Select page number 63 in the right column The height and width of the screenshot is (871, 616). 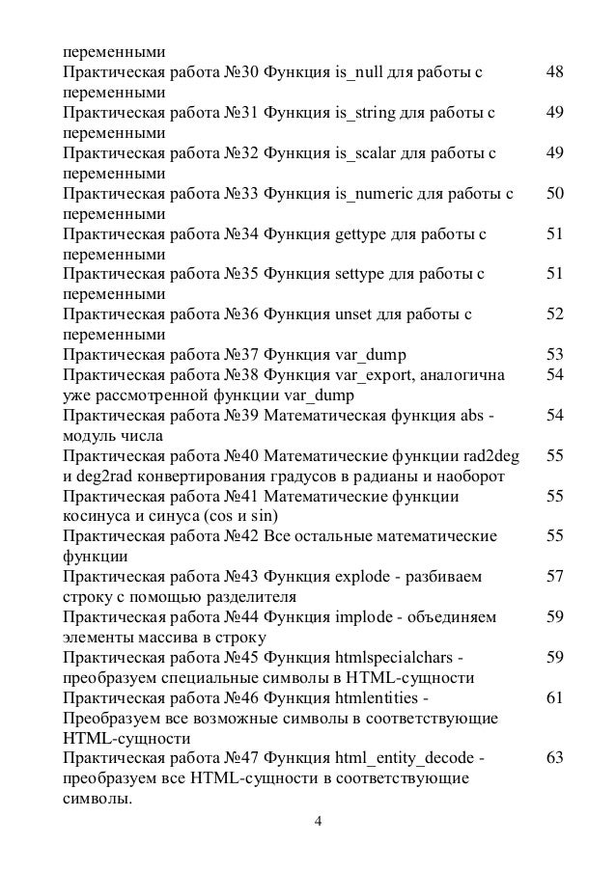click(x=554, y=758)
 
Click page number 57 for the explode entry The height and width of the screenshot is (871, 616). click(x=554, y=578)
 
